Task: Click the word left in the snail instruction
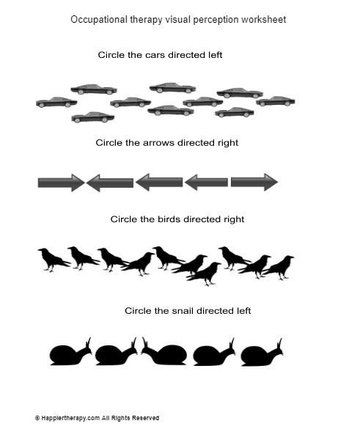click(x=244, y=310)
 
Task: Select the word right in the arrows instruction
click(x=227, y=143)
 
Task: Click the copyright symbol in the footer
click(x=37, y=418)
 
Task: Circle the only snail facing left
click(x=164, y=352)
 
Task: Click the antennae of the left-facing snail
click(x=144, y=342)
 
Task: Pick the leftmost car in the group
click(x=56, y=102)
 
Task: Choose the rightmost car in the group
click(x=275, y=101)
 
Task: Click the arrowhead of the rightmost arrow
click(x=271, y=183)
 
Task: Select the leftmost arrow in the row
click(x=62, y=183)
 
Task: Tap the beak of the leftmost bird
click(x=39, y=250)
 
